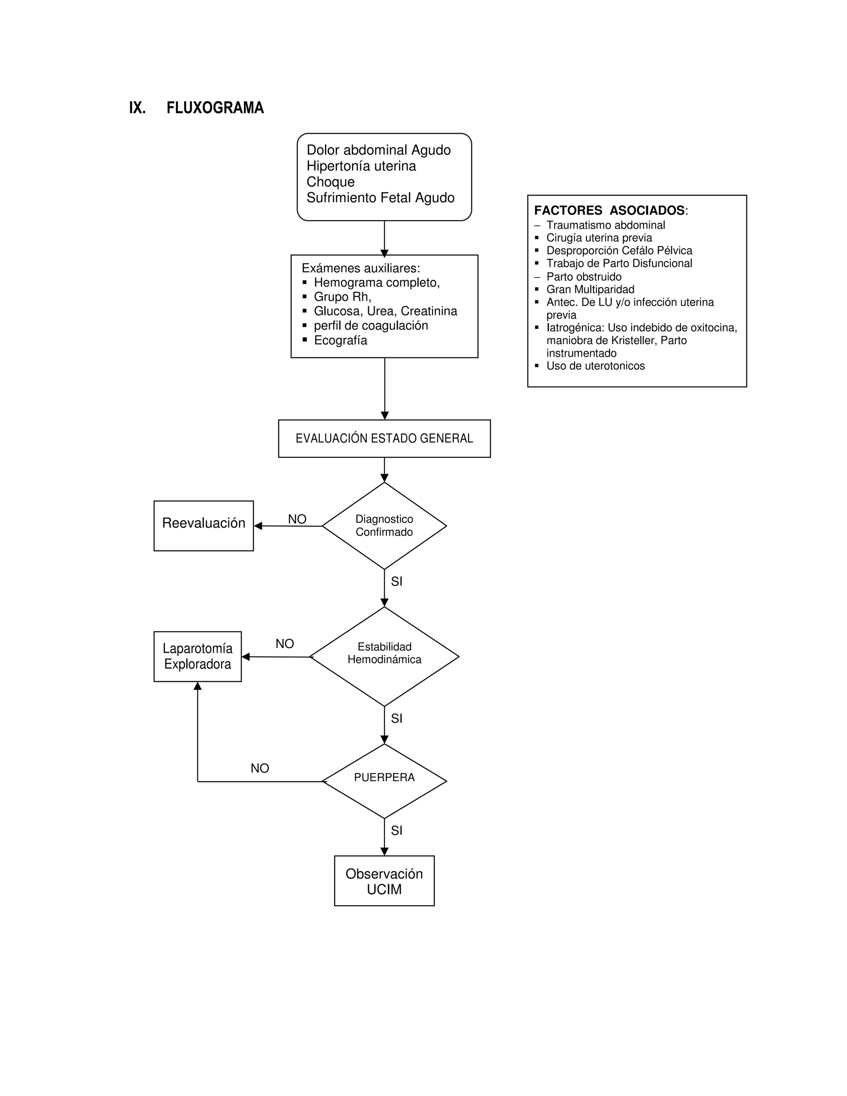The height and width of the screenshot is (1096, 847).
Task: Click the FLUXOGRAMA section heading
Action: coord(215,108)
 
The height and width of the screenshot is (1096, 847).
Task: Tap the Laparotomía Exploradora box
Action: coord(197,656)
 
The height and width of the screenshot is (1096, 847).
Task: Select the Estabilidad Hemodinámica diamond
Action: coord(384,656)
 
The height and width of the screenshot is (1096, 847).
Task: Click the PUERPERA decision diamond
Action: coord(384,781)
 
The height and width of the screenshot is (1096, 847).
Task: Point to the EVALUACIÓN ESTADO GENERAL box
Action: coord(384,438)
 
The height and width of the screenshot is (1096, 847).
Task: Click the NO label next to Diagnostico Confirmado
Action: coord(297,519)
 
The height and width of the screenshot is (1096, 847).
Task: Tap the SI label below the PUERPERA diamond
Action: coord(396,830)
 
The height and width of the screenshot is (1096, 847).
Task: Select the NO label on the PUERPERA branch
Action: coord(260,768)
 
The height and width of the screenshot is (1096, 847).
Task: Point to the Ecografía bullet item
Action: coord(340,340)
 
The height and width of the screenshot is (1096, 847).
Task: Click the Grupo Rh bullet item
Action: coord(342,297)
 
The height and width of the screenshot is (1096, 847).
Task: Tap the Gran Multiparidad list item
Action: coord(590,290)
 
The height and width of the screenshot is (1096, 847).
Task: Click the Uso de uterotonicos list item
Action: coord(595,366)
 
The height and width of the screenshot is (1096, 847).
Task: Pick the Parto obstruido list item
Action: coord(584,277)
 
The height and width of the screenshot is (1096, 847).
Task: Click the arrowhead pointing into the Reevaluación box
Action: coord(258,526)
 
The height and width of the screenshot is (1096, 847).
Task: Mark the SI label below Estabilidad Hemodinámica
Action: coord(396,719)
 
